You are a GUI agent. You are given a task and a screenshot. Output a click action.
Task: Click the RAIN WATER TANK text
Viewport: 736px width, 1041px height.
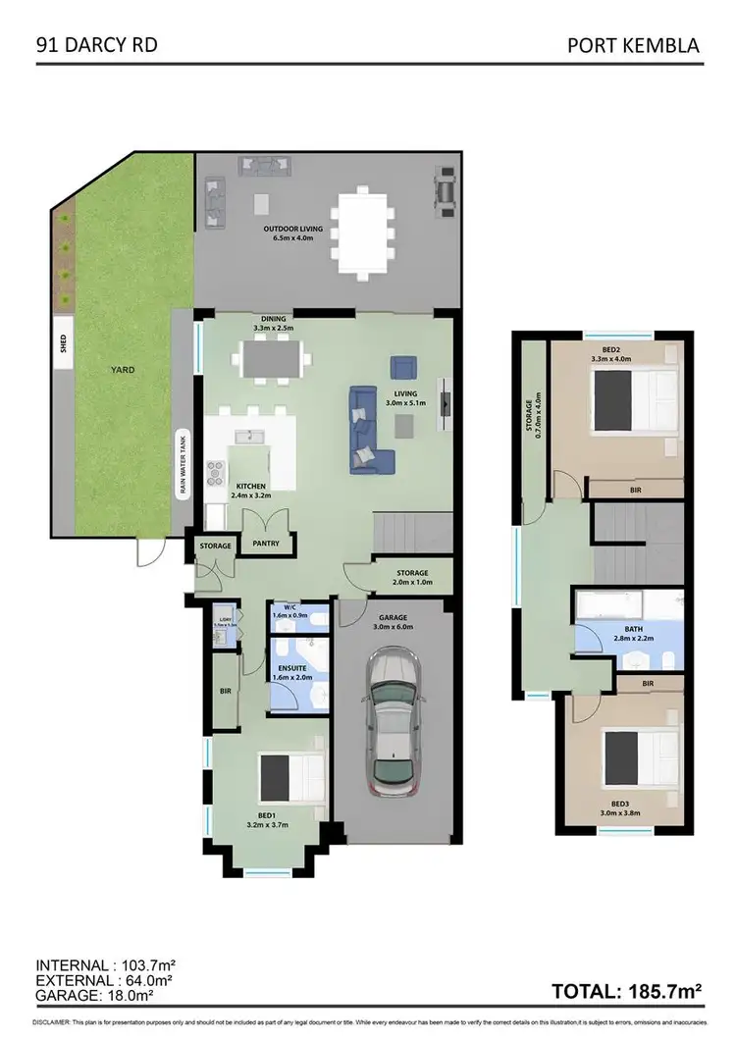(x=181, y=465)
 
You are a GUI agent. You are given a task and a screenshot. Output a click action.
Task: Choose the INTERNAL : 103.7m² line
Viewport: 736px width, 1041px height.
(x=105, y=964)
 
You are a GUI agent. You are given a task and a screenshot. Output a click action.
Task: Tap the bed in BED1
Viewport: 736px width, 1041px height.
(x=292, y=778)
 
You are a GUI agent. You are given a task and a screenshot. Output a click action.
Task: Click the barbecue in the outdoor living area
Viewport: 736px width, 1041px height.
(x=446, y=191)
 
